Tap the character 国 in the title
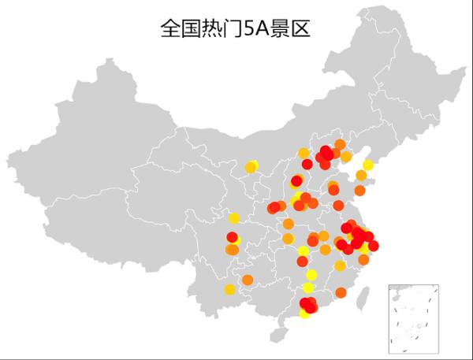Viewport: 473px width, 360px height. click(x=190, y=29)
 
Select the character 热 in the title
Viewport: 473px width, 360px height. click(x=210, y=29)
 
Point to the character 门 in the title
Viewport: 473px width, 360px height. click(x=229, y=29)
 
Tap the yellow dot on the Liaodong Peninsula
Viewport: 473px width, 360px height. click(x=368, y=165)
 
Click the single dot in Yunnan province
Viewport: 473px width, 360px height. click(x=229, y=290)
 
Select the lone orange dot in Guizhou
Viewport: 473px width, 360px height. click(x=248, y=280)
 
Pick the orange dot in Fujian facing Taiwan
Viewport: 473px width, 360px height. click(x=341, y=292)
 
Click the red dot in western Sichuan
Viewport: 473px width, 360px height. click(x=232, y=237)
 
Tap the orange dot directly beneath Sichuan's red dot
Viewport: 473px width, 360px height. click(x=232, y=250)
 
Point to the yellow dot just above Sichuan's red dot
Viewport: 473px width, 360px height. click(x=233, y=218)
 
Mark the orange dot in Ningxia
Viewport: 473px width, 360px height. click(x=251, y=167)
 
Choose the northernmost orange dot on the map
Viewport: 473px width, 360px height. click(x=340, y=145)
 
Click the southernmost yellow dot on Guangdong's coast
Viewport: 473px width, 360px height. click(x=305, y=314)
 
